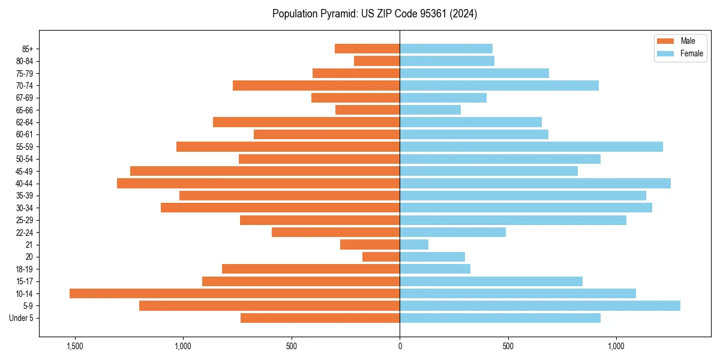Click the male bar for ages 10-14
coord(235,293)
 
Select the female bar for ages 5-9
coord(540,306)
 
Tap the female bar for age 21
coord(414,245)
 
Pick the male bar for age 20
coord(381,257)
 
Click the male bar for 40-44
coord(258,184)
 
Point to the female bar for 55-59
coord(531,147)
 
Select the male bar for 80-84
coord(377,61)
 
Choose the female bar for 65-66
coord(430,110)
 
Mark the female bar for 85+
coord(446,49)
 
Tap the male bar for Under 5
coord(320,318)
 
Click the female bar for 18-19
coord(435,269)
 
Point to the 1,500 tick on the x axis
coord(75,346)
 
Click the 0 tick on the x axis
coord(400,346)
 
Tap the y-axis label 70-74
coord(25,86)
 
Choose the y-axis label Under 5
coord(22,318)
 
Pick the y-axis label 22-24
coord(25,233)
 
